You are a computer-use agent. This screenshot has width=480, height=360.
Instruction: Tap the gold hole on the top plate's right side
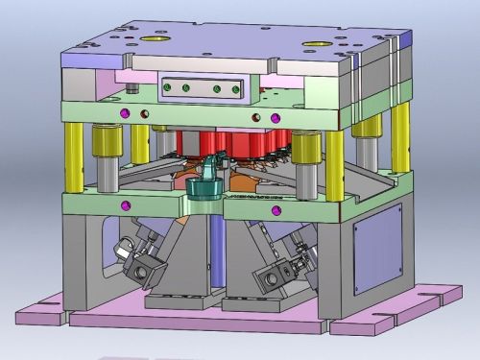[313, 43]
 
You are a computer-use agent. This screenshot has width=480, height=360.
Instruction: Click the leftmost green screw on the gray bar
[170, 88]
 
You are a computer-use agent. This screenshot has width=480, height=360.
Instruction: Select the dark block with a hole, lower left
[142, 273]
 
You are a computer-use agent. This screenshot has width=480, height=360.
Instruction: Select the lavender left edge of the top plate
[76, 57]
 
